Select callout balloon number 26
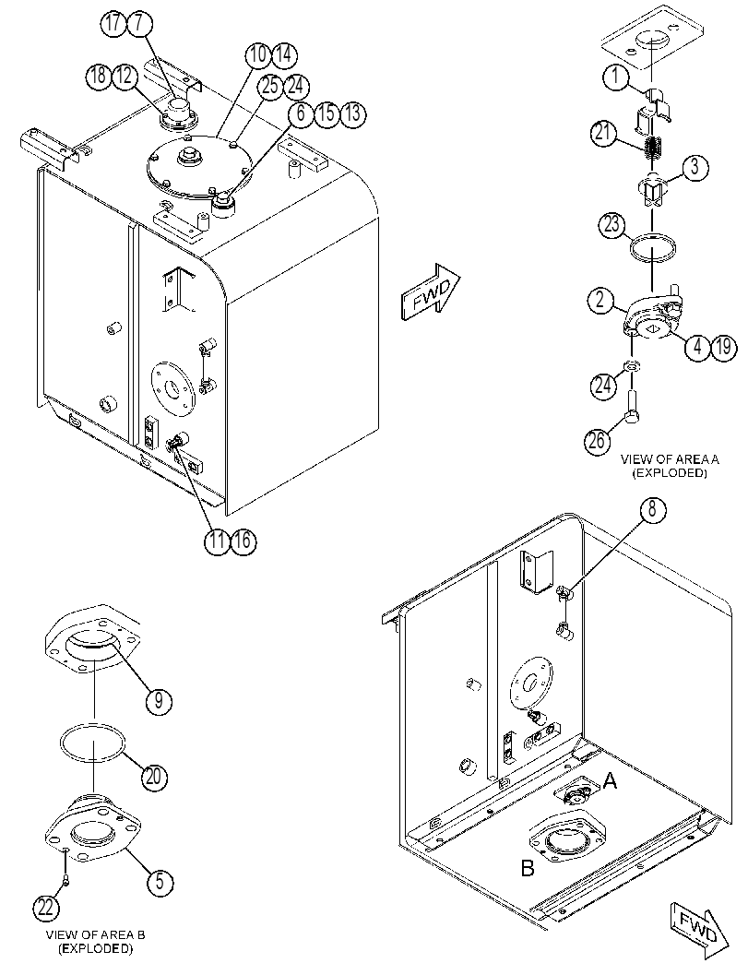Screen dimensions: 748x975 coord(597,441)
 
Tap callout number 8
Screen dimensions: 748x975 coord(652,510)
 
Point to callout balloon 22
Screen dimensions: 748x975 coord(47,908)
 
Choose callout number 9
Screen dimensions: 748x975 coord(159,701)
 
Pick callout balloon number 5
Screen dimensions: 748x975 coord(160,881)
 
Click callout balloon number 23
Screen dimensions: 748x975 coord(612,224)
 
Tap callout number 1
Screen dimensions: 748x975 coord(615,77)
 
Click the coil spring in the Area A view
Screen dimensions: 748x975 coord(652,147)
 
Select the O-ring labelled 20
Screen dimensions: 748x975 coord(92,743)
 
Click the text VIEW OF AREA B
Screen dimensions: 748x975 coord(96,934)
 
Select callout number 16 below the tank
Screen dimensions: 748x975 coord(243,541)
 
